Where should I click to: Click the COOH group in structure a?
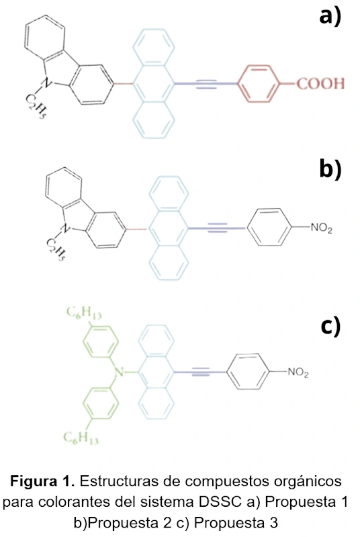point(320,83)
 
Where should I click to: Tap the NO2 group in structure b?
point(321,228)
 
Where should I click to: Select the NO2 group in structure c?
point(298,373)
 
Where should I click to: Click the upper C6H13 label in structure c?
point(84,313)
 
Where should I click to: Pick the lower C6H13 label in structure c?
point(81,438)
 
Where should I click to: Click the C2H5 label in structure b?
point(56,250)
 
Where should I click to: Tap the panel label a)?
point(330,16)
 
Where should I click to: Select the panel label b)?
point(330,169)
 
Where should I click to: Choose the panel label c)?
point(330,326)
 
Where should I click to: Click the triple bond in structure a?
point(207,83)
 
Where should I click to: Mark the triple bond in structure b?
point(217,228)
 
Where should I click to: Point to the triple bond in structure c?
point(201,372)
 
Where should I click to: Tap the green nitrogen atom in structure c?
point(119,372)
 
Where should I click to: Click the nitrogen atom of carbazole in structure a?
point(46,82)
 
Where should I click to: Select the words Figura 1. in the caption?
point(42,481)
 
